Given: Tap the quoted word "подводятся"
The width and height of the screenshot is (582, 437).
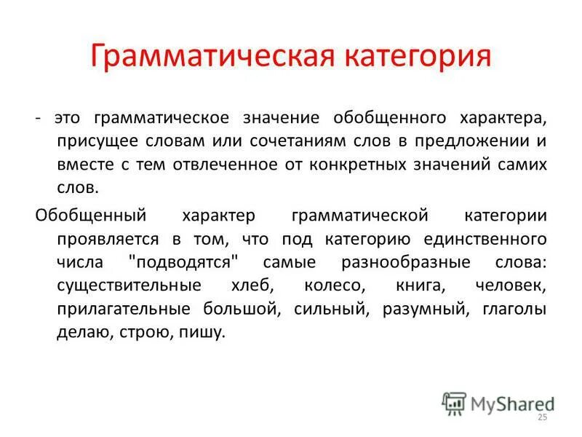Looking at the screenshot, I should pyautogui.click(x=192, y=261).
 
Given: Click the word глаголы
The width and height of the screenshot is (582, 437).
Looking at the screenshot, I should pyautogui.click(x=514, y=309).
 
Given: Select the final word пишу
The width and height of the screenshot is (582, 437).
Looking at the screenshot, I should pyautogui.click(x=207, y=332).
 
